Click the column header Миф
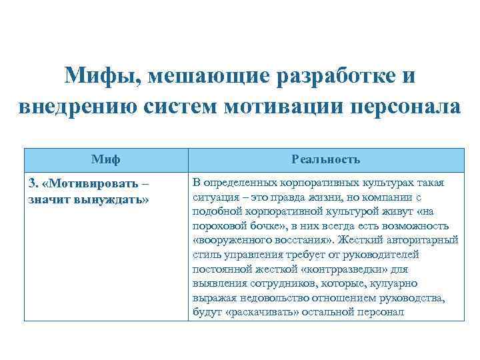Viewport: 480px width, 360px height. click(x=105, y=159)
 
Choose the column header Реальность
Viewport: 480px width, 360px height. click(x=325, y=159)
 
